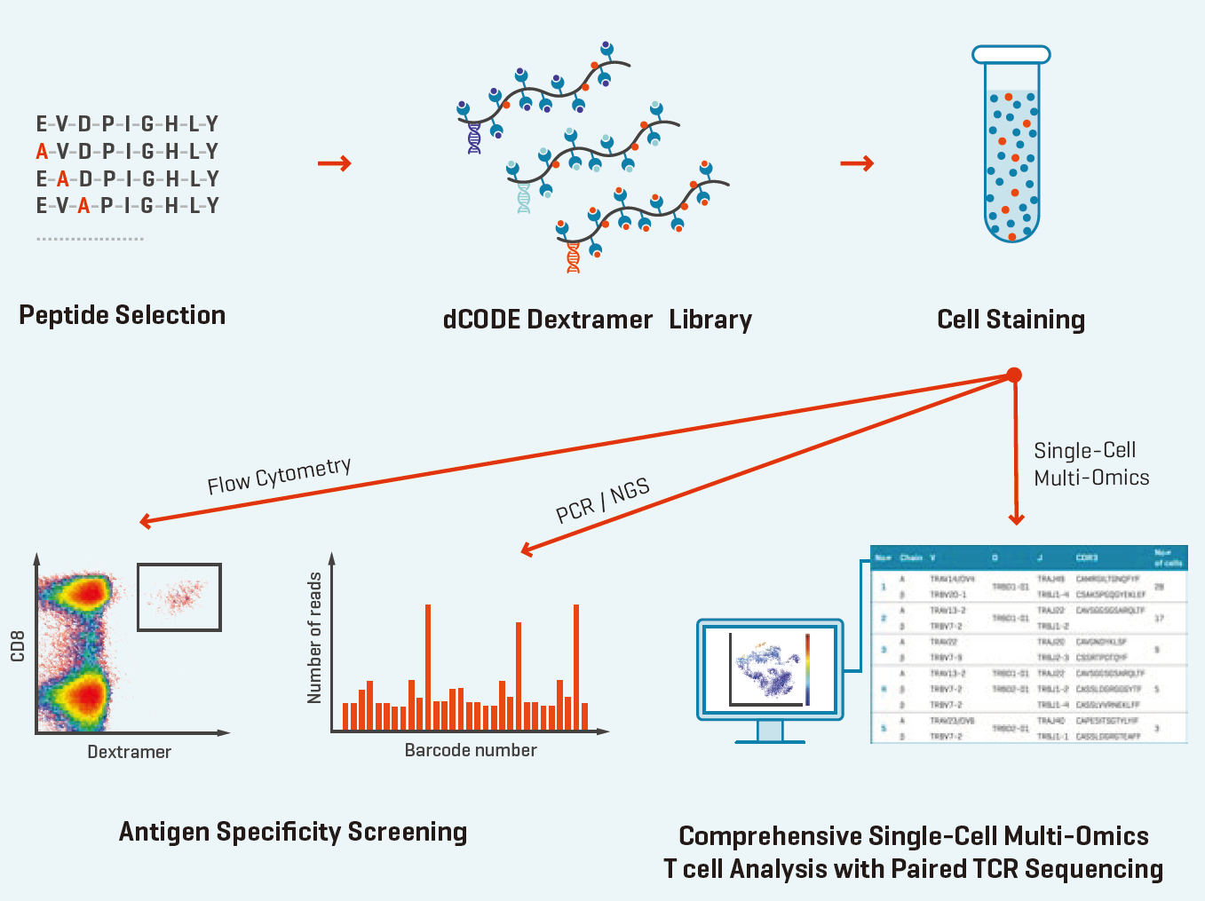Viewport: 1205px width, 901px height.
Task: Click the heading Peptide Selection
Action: pyautogui.click(x=123, y=315)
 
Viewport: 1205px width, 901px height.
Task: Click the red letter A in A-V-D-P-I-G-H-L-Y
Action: pyautogui.click(x=42, y=151)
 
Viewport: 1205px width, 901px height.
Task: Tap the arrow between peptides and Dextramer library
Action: pyautogui.click(x=334, y=163)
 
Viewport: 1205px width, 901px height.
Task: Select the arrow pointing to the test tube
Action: pyautogui.click(x=857, y=163)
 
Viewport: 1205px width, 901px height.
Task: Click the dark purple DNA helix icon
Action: pyautogui.click(x=474, y=138)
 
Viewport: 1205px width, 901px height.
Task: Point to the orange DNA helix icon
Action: pyautogui.click(x=573, y=257)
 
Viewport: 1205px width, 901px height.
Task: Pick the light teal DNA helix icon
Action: pyautogui.click(x=523, y=198)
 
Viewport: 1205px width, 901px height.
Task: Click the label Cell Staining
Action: pyautogui.click(x=1011, y=320)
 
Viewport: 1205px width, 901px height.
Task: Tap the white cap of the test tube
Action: pyautogui.click(x=1011, y=55)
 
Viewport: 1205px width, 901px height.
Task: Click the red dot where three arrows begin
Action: pyautogui.click(x=1014, y=375)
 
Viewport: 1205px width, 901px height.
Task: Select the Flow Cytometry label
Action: pyautogui.click(x=279, y=476)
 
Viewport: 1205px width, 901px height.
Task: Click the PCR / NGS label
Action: pyautogui.click(x=603, y=501)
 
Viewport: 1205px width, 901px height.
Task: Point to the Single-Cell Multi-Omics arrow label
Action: pyautogui.click(x=1090, y=464)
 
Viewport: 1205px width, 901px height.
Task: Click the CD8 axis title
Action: pyautogui.click(x=17, y=645)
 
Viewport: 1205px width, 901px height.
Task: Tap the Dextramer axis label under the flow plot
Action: pyautogui.click(x=129, y=752)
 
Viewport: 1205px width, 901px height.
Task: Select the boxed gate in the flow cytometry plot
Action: pyautogui.click(x=179, y=597)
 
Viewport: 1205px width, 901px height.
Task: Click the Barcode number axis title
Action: pyautogui.click(x=471, y=750)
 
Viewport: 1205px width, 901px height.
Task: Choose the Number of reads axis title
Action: pyautogui.click(x=314, y=637)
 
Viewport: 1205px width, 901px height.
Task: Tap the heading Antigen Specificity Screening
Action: pyautogui.click(x=293, y=832)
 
